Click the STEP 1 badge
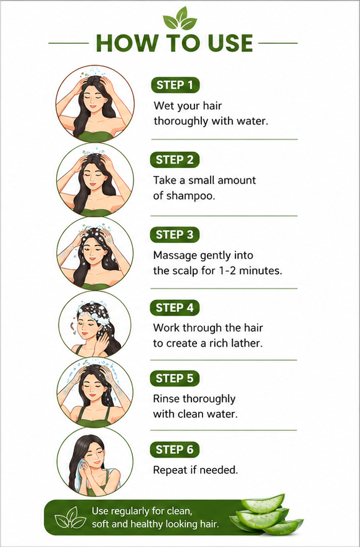click(175, 85)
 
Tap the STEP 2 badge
click(174, 160)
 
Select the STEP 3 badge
click(174, 235)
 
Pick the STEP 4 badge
click(174, 307)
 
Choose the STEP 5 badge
click(174, 379)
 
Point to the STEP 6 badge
click(174, 449)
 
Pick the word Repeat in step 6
click(170, 470)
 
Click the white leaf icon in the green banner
click(71, 517)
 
